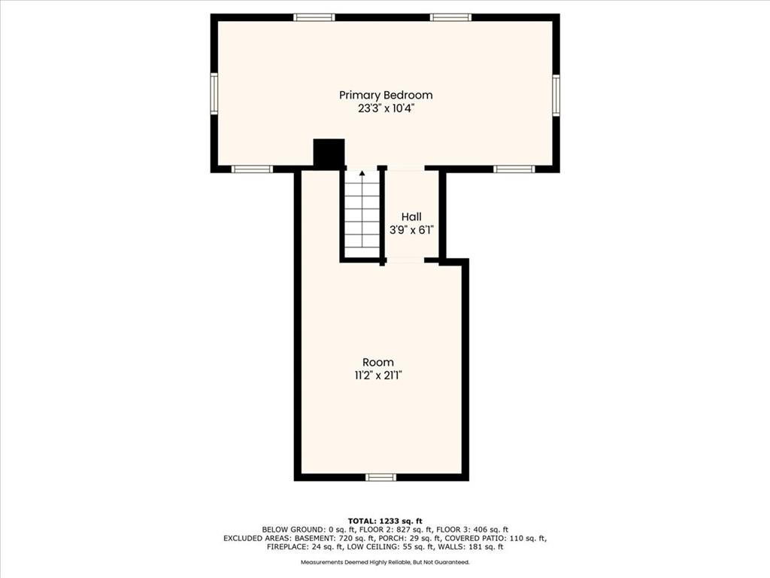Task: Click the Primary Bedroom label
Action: coord(386,96)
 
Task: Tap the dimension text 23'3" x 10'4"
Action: coord(386,108)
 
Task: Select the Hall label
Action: coord(411,217)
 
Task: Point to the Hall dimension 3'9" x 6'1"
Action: coord(411,230)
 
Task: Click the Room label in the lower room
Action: coord(378,362)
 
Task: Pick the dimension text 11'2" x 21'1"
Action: coord(378,376)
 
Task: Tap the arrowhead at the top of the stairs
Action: coord(362,173)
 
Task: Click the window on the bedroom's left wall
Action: coord(214,93)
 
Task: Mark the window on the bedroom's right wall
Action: coord(556,96)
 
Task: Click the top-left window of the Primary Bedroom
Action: coord(314,18)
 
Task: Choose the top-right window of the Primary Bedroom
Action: coord(451,18)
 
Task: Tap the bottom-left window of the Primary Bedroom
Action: coord(252,169)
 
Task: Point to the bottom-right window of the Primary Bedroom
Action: coord(514,169)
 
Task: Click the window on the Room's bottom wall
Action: coord(381,477)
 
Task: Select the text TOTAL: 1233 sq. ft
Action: coord(385,521)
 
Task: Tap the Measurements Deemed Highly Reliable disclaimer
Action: coord(385,561)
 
